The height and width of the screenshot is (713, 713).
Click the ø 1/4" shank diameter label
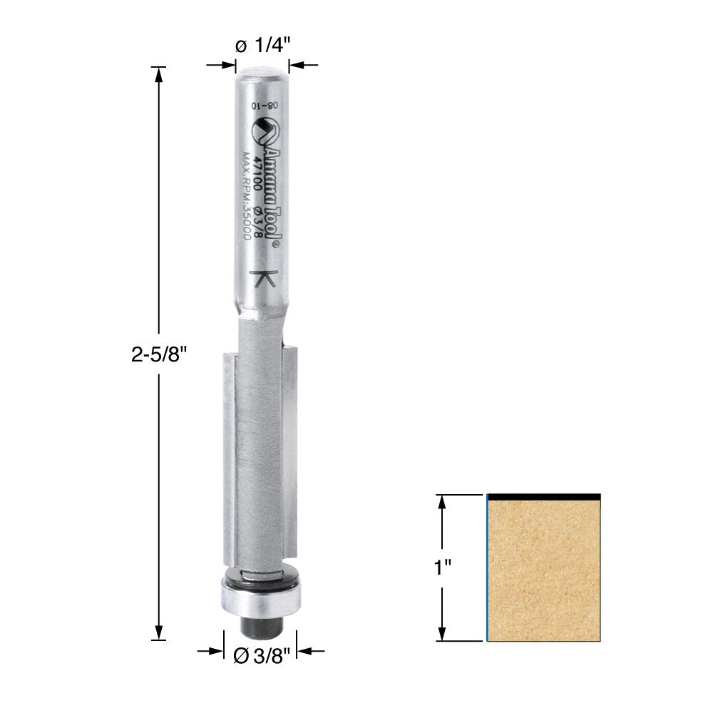coord(262,45)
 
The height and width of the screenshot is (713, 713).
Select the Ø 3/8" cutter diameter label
coord(261,656)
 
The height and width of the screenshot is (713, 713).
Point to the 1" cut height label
coord(442,568)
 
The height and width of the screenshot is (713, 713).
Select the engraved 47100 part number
coord(260,174)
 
